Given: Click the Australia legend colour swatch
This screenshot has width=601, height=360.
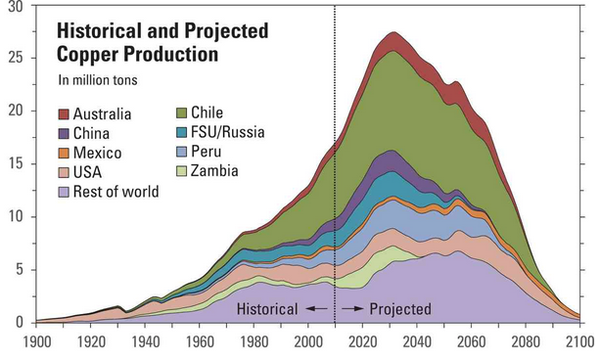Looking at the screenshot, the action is coord(64,114).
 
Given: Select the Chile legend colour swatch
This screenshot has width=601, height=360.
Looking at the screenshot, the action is coord(181,112).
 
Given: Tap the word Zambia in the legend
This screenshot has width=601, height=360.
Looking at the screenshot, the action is coord(214,170).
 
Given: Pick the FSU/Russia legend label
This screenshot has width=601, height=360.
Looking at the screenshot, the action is coord(228,132).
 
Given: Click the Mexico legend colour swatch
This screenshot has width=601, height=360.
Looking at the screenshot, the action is coord(64,153).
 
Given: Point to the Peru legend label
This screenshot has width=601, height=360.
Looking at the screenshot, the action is coord(207,152).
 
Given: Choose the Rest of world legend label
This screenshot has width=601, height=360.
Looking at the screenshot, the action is coord(116,192).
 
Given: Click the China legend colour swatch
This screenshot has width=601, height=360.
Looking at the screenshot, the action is coord(64,133).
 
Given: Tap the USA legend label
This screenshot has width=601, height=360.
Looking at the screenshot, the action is coord(87,172).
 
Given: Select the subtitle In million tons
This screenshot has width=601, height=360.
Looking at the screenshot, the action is coord(98,80).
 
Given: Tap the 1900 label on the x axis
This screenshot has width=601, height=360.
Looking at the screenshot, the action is coord(37,342).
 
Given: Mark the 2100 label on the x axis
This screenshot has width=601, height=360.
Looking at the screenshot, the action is coord(580,342).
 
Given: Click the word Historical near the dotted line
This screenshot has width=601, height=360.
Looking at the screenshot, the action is coord(267,309).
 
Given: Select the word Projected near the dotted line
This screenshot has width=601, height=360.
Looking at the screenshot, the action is coord(400,309).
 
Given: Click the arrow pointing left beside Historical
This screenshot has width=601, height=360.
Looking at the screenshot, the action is coord(316,309).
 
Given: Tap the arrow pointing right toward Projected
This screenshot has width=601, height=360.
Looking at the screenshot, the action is coord(352,309).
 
